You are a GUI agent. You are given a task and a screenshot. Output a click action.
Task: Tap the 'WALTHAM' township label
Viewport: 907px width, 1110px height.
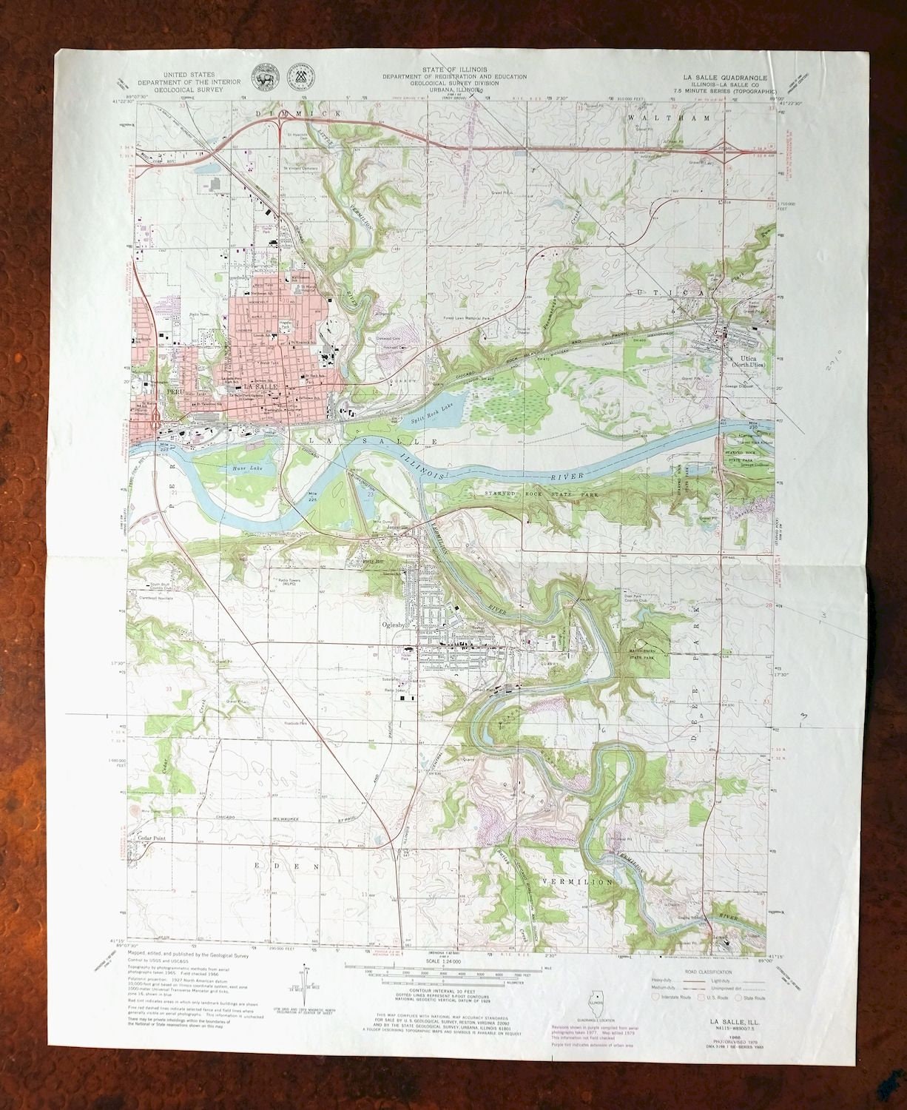(678, 118)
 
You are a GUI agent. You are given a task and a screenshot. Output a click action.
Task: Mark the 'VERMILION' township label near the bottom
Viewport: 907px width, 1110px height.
(577, 882)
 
